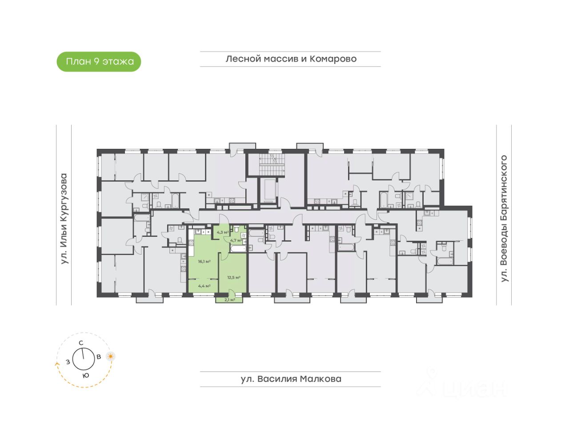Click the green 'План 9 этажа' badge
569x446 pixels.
[x=99, y=61]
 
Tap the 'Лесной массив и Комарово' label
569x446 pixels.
[x=291, y=59]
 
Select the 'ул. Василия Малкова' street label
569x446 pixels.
[x=291, y=379]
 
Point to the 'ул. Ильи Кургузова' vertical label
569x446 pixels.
[x=64, y=219]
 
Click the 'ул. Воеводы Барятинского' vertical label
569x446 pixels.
[x=504, y=219]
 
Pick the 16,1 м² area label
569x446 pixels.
[x=204, y=261]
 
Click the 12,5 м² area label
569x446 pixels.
[x=234, y=278]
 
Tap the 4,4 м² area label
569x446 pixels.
[x=204, y=286]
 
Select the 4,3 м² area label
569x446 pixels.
[x=222, y=232]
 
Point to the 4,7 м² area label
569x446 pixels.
[x=235, y=240]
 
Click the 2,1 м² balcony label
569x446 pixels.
[x=229, y=300]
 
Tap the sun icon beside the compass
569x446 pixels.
[x=110, y=356]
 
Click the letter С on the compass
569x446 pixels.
[x=81, y=342]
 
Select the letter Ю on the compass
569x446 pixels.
[x=86, y=375]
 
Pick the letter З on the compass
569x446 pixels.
[x=68, y=362]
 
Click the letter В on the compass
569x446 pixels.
[x=99, y=356]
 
